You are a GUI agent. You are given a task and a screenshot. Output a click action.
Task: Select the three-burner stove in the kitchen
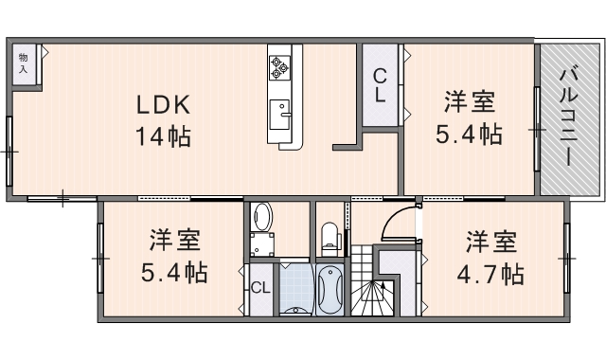pos(281,65)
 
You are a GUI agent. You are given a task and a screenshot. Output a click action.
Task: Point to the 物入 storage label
pos(24,63)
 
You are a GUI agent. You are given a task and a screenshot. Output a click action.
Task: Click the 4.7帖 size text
pos(490,275)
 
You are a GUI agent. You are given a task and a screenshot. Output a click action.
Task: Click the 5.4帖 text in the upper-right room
pos(469,134)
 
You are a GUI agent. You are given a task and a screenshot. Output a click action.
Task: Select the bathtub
pos(330,289)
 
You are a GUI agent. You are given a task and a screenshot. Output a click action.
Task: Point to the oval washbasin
pos(264,217)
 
